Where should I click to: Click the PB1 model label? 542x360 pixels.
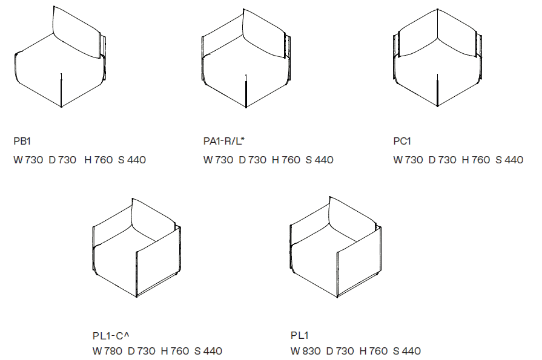point(22,141)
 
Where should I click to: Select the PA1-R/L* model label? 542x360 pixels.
point(223,141)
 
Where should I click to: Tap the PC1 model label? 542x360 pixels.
point(402,141)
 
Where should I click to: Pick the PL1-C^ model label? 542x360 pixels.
point(111,335)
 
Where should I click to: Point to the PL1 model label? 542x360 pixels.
point(299,335)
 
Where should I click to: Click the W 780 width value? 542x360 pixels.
point(107,351)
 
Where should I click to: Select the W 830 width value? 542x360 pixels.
point(305,351)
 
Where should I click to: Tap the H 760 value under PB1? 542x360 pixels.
point(99,160)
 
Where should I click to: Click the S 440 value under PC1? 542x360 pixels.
point(509,160)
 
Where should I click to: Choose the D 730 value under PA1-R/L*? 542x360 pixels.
point(253,160)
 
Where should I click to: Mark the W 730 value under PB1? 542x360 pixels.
point(28,160)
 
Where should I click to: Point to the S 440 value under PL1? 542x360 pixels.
point(407,351)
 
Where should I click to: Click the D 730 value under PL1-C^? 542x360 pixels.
point(141,351)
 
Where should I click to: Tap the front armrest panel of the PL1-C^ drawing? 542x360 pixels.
point(158,261)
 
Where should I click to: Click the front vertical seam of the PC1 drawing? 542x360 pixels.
point(437,90)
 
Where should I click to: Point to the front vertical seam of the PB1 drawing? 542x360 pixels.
point(62,90)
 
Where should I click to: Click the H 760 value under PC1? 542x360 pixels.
point(476,160)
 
